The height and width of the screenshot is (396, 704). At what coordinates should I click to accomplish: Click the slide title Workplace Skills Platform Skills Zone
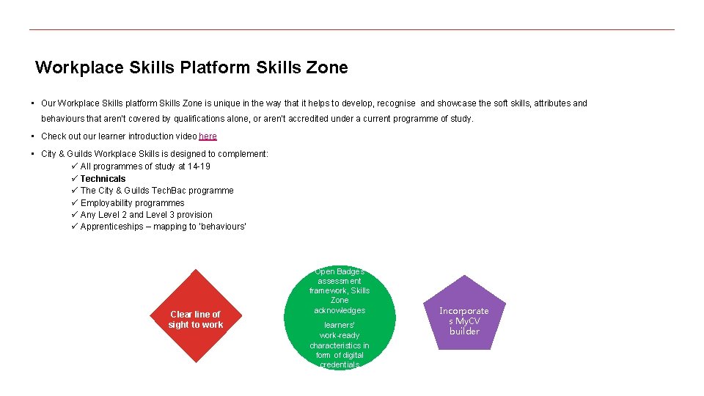(x=191, y=68)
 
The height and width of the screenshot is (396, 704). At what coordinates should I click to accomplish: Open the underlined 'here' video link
(x=208, y=136)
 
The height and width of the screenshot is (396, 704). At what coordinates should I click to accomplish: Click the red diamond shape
(x=196, y=317)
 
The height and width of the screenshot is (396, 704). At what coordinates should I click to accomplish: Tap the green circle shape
(x=339, y=318)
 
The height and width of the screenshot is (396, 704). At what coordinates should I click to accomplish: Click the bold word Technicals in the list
(x=103, y=179)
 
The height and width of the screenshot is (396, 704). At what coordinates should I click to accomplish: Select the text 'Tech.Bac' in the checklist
(x=155, y=191)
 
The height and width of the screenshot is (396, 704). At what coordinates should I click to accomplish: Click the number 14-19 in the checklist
(x=199, y=166)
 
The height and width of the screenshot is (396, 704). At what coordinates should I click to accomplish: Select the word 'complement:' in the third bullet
(x=245, y=154)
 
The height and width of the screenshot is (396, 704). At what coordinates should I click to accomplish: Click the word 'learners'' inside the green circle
(x=339, y=325)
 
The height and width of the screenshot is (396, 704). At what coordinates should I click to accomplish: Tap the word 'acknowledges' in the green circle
(x=339, y=310)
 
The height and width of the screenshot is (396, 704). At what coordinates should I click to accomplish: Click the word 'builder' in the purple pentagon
(x=464, y=331)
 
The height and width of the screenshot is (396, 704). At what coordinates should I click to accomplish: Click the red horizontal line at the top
(x=352, y=30)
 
